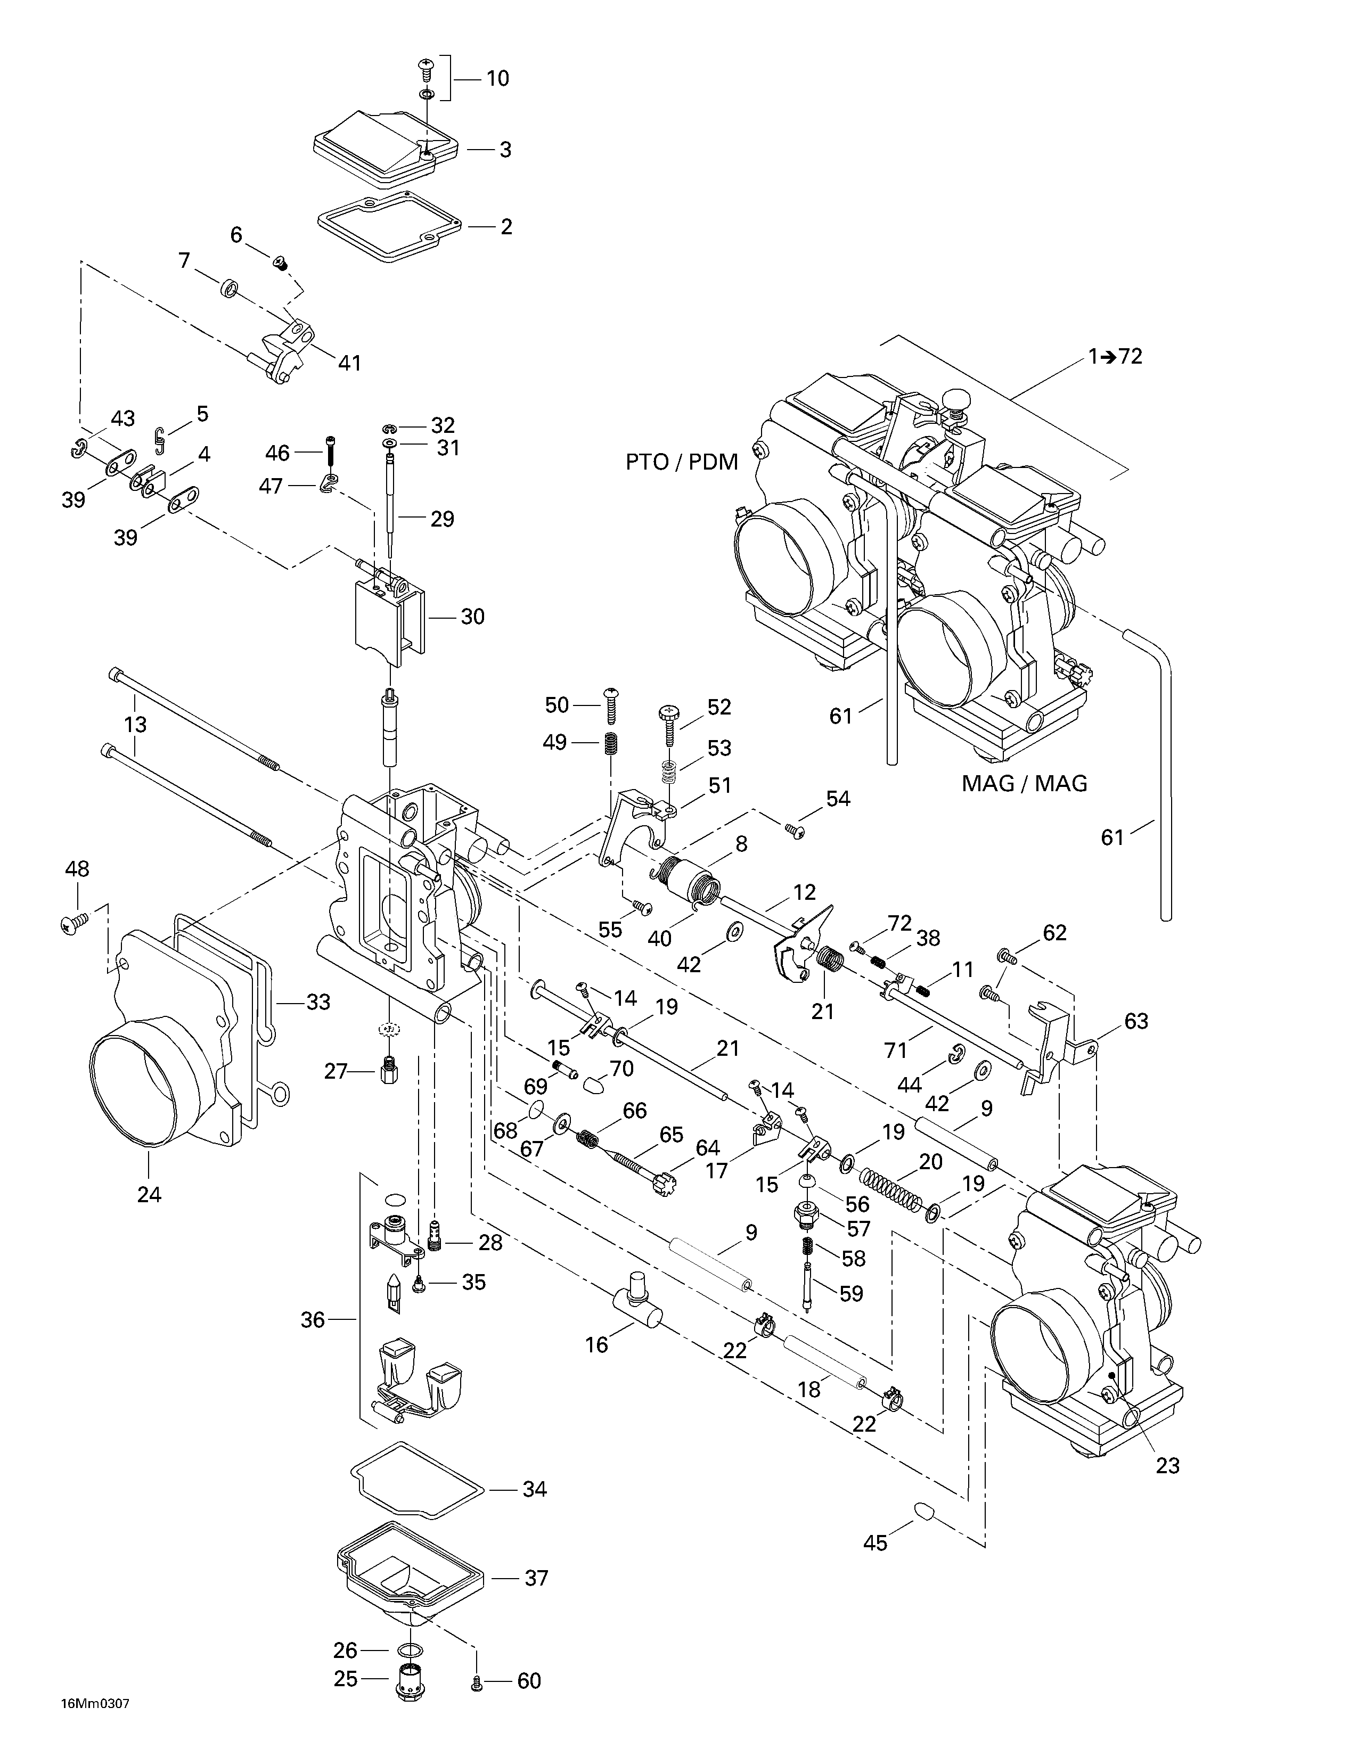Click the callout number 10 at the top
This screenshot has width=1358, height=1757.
coord(497,79)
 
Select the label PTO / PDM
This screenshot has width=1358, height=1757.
coord(682,463)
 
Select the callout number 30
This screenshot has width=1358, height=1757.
coord(472,617)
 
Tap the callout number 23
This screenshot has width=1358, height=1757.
coord(1167,1466)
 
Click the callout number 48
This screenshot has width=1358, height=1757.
coord(77,869)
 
